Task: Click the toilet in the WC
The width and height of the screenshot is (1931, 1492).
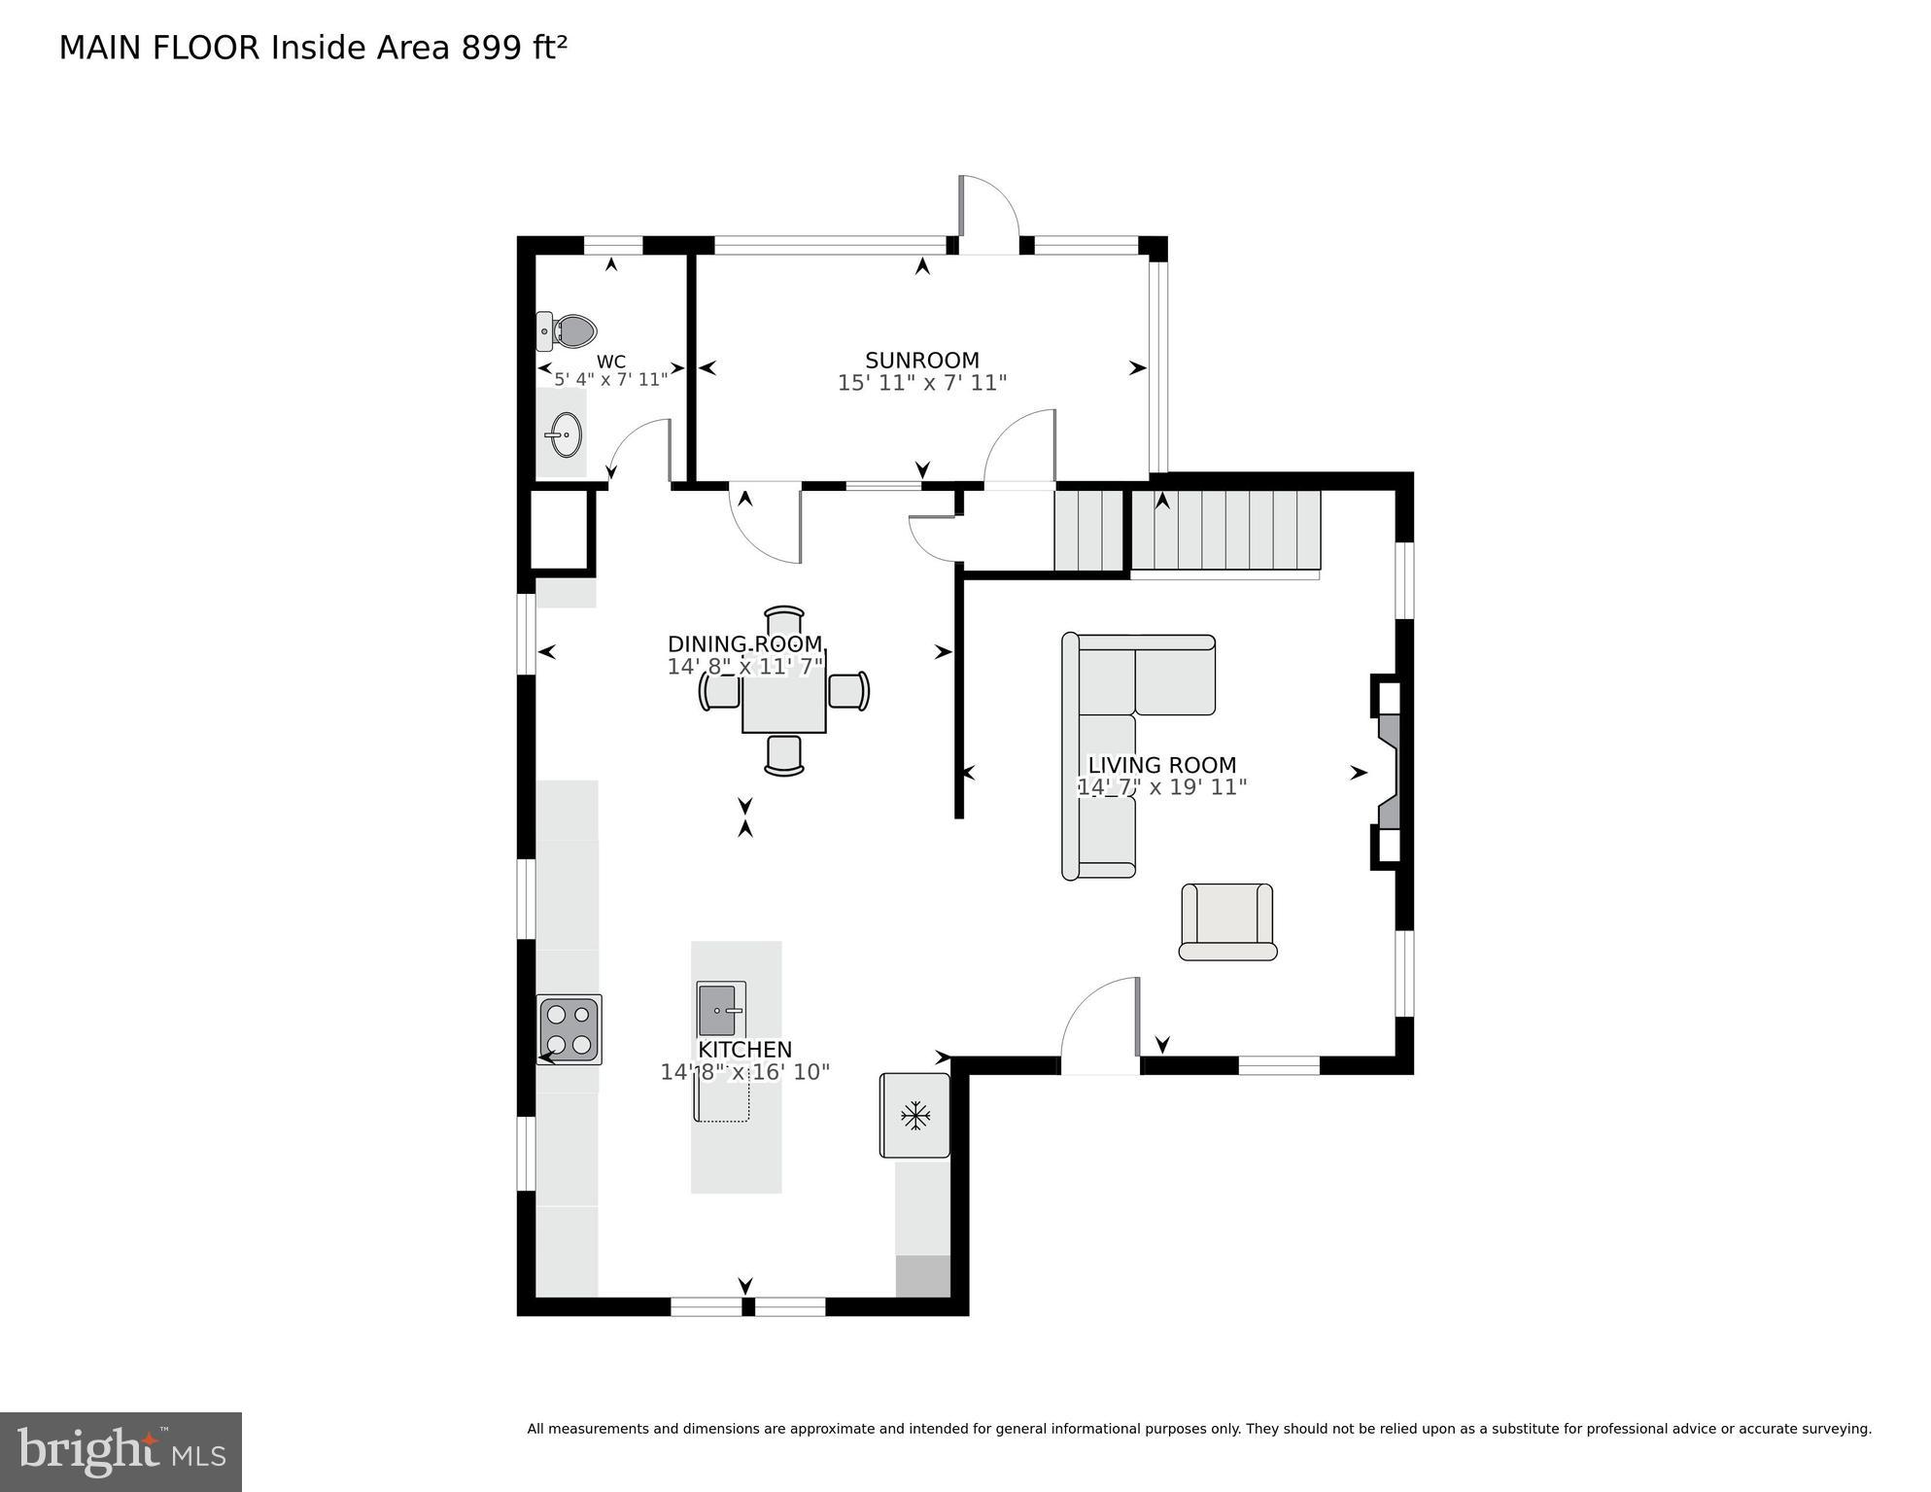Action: pos(568,331)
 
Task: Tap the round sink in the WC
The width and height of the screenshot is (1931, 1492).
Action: pos(563,434)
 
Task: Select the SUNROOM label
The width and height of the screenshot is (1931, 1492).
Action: pos(921,361)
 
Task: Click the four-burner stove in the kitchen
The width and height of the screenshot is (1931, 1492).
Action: pos(569,1030)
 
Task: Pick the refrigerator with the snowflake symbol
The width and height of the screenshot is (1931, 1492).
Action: pos(914,1116)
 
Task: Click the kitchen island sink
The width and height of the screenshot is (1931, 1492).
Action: pos(720,1010)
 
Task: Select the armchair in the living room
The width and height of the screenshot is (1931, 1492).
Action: pos(1227,921)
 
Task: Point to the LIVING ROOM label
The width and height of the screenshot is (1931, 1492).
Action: pos(1161,765)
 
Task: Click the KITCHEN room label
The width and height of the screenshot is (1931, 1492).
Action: pos(745,1050)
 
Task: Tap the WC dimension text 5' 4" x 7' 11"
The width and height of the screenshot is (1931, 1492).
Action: pos(611,380)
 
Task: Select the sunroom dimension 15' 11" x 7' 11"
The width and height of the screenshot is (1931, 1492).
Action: pos(921,384)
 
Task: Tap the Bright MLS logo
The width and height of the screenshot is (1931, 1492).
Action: pos(121,1451)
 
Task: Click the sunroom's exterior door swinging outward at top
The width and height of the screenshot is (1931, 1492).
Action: pos(987,214)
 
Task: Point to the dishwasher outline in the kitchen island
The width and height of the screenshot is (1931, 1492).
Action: pos(722,1101)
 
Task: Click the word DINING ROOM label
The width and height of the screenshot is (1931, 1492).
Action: pos(744,643)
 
